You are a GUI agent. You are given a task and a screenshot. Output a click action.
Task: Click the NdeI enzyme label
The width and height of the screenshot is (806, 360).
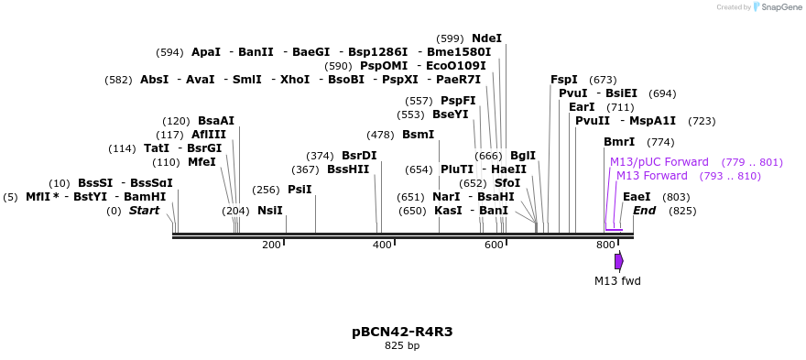486,38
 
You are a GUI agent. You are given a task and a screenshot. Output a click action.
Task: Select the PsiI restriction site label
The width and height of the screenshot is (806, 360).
300,190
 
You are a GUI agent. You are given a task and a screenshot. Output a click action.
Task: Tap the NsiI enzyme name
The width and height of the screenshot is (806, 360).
270,211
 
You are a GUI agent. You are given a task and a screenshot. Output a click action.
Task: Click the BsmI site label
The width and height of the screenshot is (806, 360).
418,135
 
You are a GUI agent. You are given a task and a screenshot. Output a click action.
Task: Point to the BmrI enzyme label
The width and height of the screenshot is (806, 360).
619,142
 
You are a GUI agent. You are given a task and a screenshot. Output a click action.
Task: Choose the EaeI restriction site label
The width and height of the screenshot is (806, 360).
637,197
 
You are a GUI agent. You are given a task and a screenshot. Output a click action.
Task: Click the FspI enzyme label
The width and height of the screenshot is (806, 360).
564,80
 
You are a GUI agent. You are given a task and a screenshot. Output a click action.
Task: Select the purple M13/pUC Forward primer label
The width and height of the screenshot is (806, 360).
659,162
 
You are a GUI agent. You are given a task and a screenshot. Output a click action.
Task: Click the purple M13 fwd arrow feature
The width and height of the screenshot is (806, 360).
619,261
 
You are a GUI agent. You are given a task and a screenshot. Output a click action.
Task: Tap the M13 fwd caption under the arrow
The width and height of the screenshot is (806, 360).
617,280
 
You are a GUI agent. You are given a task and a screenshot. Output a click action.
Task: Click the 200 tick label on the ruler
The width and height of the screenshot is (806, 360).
271,245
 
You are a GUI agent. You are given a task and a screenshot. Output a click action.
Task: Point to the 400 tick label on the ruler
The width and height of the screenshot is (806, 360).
382,245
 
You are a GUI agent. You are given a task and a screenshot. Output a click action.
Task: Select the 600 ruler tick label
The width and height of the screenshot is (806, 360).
494,245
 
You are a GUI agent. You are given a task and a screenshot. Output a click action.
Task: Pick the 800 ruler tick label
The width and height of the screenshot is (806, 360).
605,245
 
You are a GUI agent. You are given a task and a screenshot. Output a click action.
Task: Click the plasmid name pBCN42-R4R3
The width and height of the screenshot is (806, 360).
402,331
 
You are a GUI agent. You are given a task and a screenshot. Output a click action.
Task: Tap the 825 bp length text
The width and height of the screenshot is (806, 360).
402,345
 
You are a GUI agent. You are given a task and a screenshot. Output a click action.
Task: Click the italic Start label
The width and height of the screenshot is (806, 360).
144,211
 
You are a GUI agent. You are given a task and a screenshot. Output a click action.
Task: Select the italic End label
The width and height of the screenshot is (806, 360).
644,211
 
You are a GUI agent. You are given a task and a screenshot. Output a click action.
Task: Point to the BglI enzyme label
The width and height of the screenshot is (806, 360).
523,156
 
